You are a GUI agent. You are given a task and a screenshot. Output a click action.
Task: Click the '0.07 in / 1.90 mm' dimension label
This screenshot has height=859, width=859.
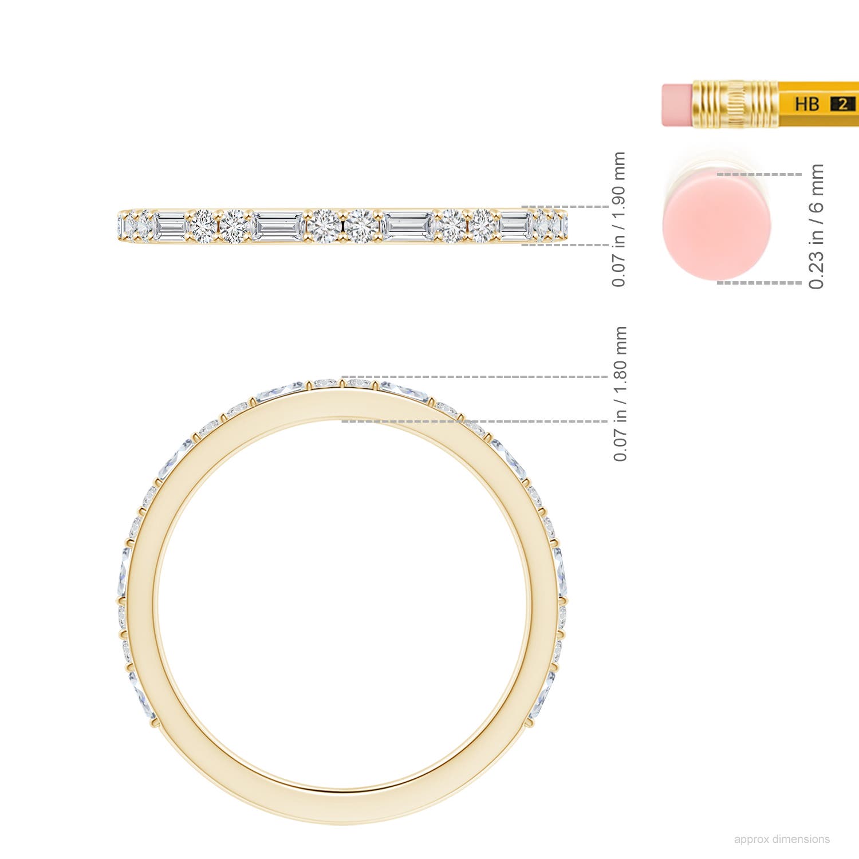coord(618,219)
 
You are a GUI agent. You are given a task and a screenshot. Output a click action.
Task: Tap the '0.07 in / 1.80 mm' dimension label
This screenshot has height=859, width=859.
coord(620,393)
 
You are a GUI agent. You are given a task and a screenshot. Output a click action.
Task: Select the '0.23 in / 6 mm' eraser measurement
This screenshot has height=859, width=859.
coord(816,226)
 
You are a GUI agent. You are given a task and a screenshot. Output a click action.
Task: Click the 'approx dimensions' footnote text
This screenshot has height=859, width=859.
coord(781,839)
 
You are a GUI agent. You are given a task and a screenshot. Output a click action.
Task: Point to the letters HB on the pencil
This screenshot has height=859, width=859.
coord(807,104)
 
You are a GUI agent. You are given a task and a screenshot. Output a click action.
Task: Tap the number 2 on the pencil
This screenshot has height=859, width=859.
coord(842,104)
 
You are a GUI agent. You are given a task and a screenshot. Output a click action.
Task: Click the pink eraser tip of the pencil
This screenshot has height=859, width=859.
coord(677,105)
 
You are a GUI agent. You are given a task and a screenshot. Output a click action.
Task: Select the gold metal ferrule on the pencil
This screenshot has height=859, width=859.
coord(735,104)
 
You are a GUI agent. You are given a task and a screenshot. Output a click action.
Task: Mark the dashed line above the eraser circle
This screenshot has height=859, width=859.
coord(759,174)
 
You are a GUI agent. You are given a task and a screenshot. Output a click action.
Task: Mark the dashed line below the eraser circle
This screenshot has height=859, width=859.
coord(759,282)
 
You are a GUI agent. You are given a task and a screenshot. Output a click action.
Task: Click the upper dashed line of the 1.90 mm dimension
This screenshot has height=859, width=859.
coord(564,206)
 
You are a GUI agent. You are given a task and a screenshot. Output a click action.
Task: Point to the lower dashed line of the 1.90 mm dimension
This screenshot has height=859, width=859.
coord(564,245)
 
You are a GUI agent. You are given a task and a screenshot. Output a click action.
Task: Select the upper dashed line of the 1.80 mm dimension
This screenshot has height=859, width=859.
coord(475,377)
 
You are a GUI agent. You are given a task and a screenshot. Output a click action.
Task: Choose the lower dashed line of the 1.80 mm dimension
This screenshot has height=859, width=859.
coord(475,421)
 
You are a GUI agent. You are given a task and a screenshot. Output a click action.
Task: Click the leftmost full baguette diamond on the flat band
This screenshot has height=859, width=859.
coord(171,226)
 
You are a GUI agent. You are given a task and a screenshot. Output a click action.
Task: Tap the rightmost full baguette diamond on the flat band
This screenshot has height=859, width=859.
coord(515,226)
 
